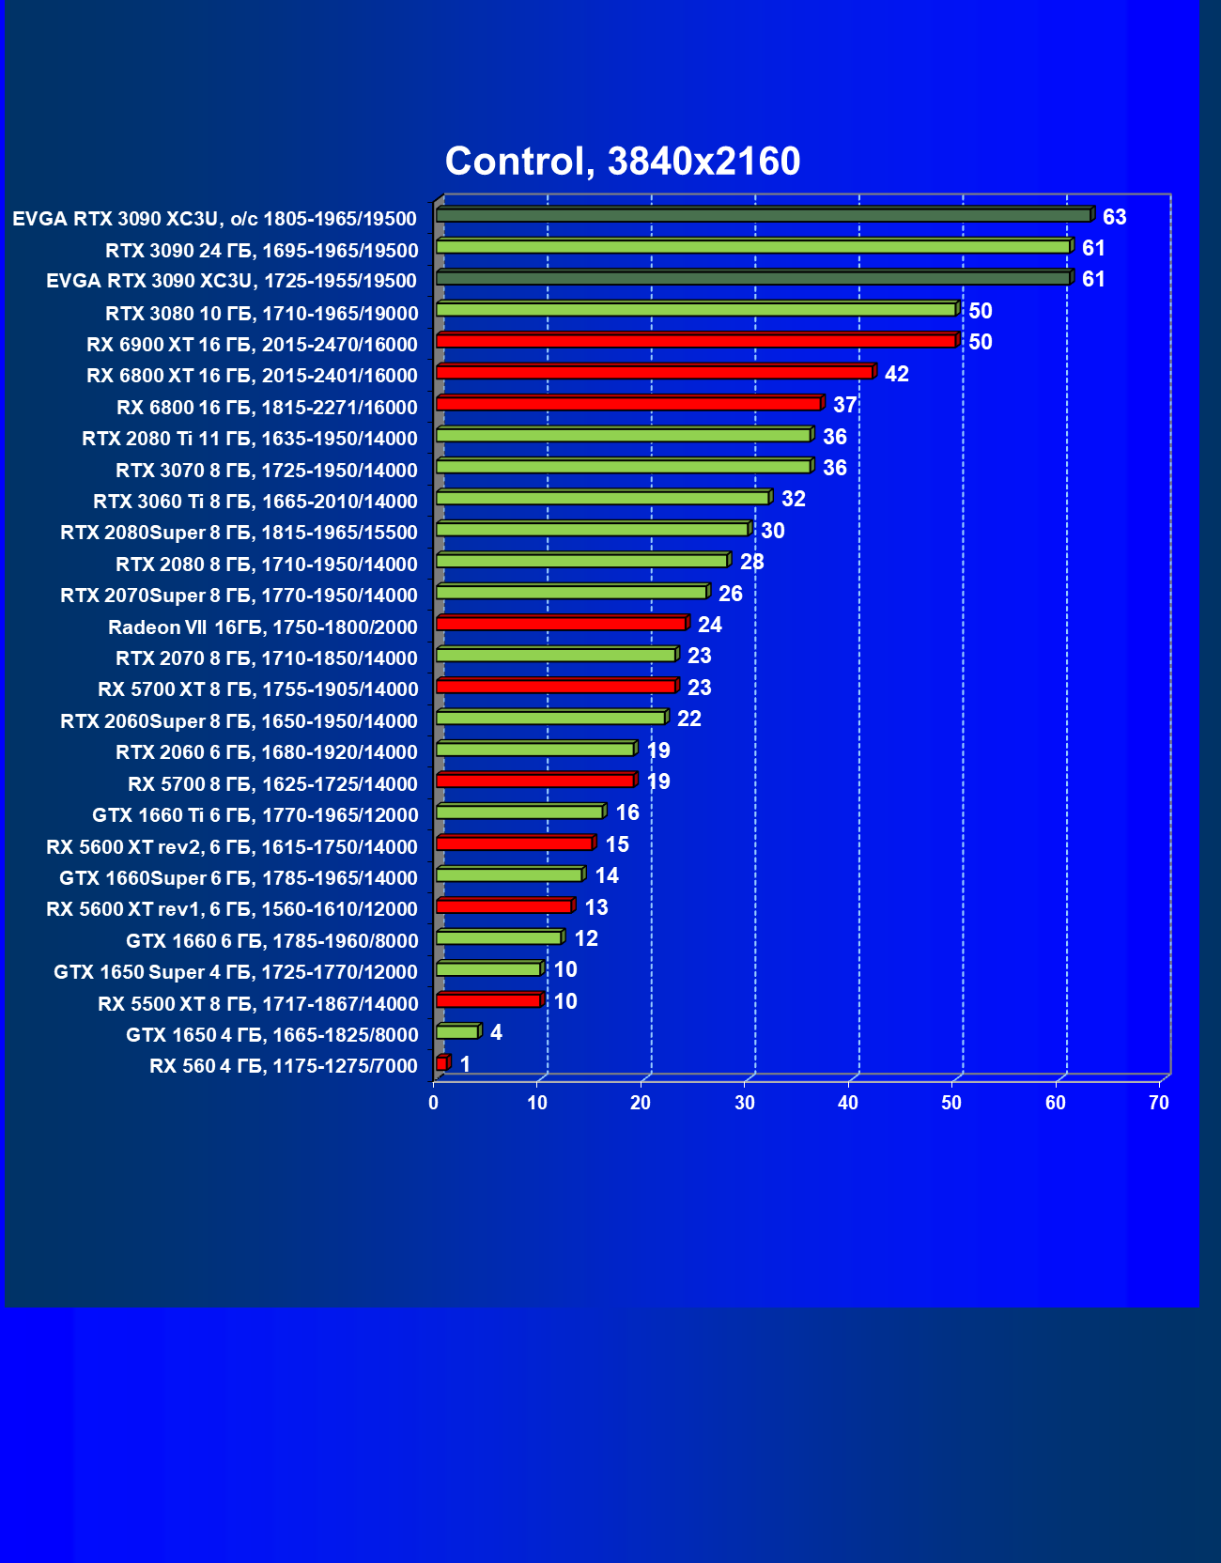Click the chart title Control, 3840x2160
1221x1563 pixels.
tap(623, 162)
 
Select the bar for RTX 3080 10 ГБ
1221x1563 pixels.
tap(696, 309)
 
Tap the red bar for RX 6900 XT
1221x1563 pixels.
tap(696, 341)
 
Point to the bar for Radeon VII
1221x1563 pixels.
tap(562, 624)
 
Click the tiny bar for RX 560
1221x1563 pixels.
tap(441, 1063)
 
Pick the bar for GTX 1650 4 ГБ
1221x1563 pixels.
tap(457, 1032)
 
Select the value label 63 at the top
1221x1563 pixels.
tap(1114, 218)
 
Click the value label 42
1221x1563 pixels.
tap(896, 374)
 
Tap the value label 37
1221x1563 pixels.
tap(844, 405)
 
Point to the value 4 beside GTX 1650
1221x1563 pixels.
tap(496, 1032)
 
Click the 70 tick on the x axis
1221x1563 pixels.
tap(1159, 1103)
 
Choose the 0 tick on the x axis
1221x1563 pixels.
tap(434, 1103)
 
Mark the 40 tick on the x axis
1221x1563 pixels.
tap(848, 1103)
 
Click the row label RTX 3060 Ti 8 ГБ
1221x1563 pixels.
tap(255, 502)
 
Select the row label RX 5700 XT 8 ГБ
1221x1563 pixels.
tap(258, 689)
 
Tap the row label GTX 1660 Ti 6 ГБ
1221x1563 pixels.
tap(255, 815)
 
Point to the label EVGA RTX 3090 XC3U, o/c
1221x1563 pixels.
tap(214, 219)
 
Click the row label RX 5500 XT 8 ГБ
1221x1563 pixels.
tap(258, 1004)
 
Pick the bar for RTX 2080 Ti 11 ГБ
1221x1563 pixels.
tap(624, 435)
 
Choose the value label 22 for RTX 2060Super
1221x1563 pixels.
tap(689, 719)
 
